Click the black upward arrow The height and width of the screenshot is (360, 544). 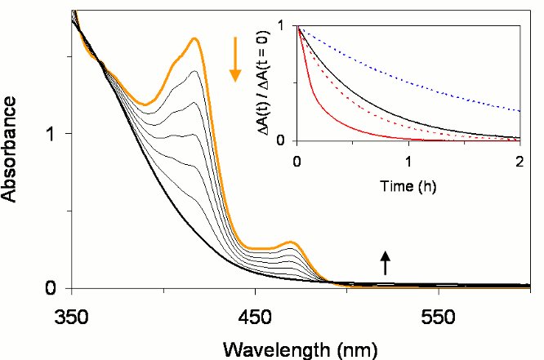(x=386, y=262)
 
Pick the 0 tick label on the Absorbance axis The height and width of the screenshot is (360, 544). (x=51, y=288)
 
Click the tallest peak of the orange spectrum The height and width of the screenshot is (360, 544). (x=195, y=38)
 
